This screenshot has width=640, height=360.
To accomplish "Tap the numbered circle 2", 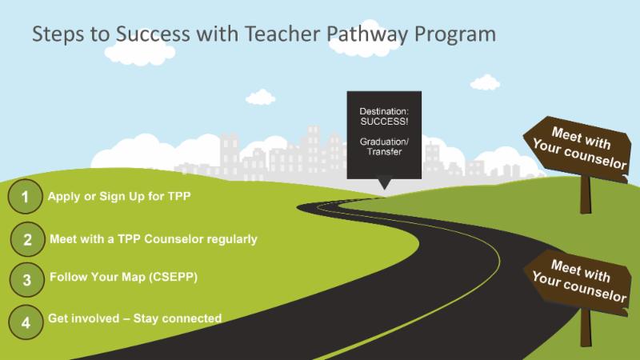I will pos(27,239).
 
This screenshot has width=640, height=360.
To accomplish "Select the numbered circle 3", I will pos(26,280).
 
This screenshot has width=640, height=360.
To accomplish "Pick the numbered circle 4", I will pos(26,322).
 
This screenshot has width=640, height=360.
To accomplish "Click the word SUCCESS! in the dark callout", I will pos(384,119).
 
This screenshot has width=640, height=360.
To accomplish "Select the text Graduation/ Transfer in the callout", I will pos(384,147).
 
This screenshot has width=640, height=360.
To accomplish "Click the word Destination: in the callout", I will pos(384,109).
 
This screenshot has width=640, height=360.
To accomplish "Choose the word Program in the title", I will pos(456,35).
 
